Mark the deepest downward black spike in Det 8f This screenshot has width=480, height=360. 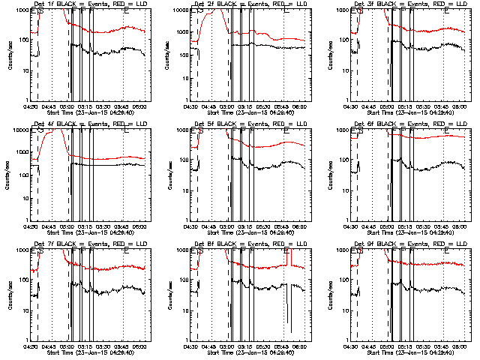pyautogui.click(x=290, y=330)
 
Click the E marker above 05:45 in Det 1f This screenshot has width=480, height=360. pyautogui.click(x=126, y=10)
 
